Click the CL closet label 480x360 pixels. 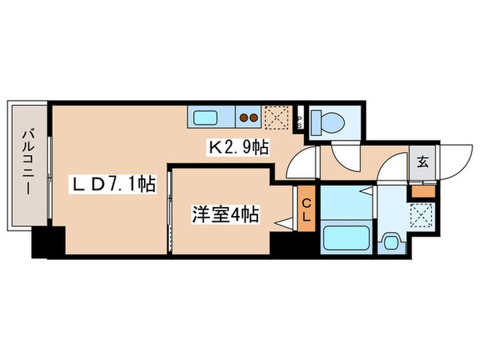click(x=307, y=210)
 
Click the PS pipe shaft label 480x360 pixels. click(x=299, y=121)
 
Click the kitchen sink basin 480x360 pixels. click(x=208, y=117)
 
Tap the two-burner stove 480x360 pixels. click(x=248, y=117)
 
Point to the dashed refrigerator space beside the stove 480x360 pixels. click(x=278, y=117)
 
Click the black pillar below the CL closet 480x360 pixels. click(x=295, y=243)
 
